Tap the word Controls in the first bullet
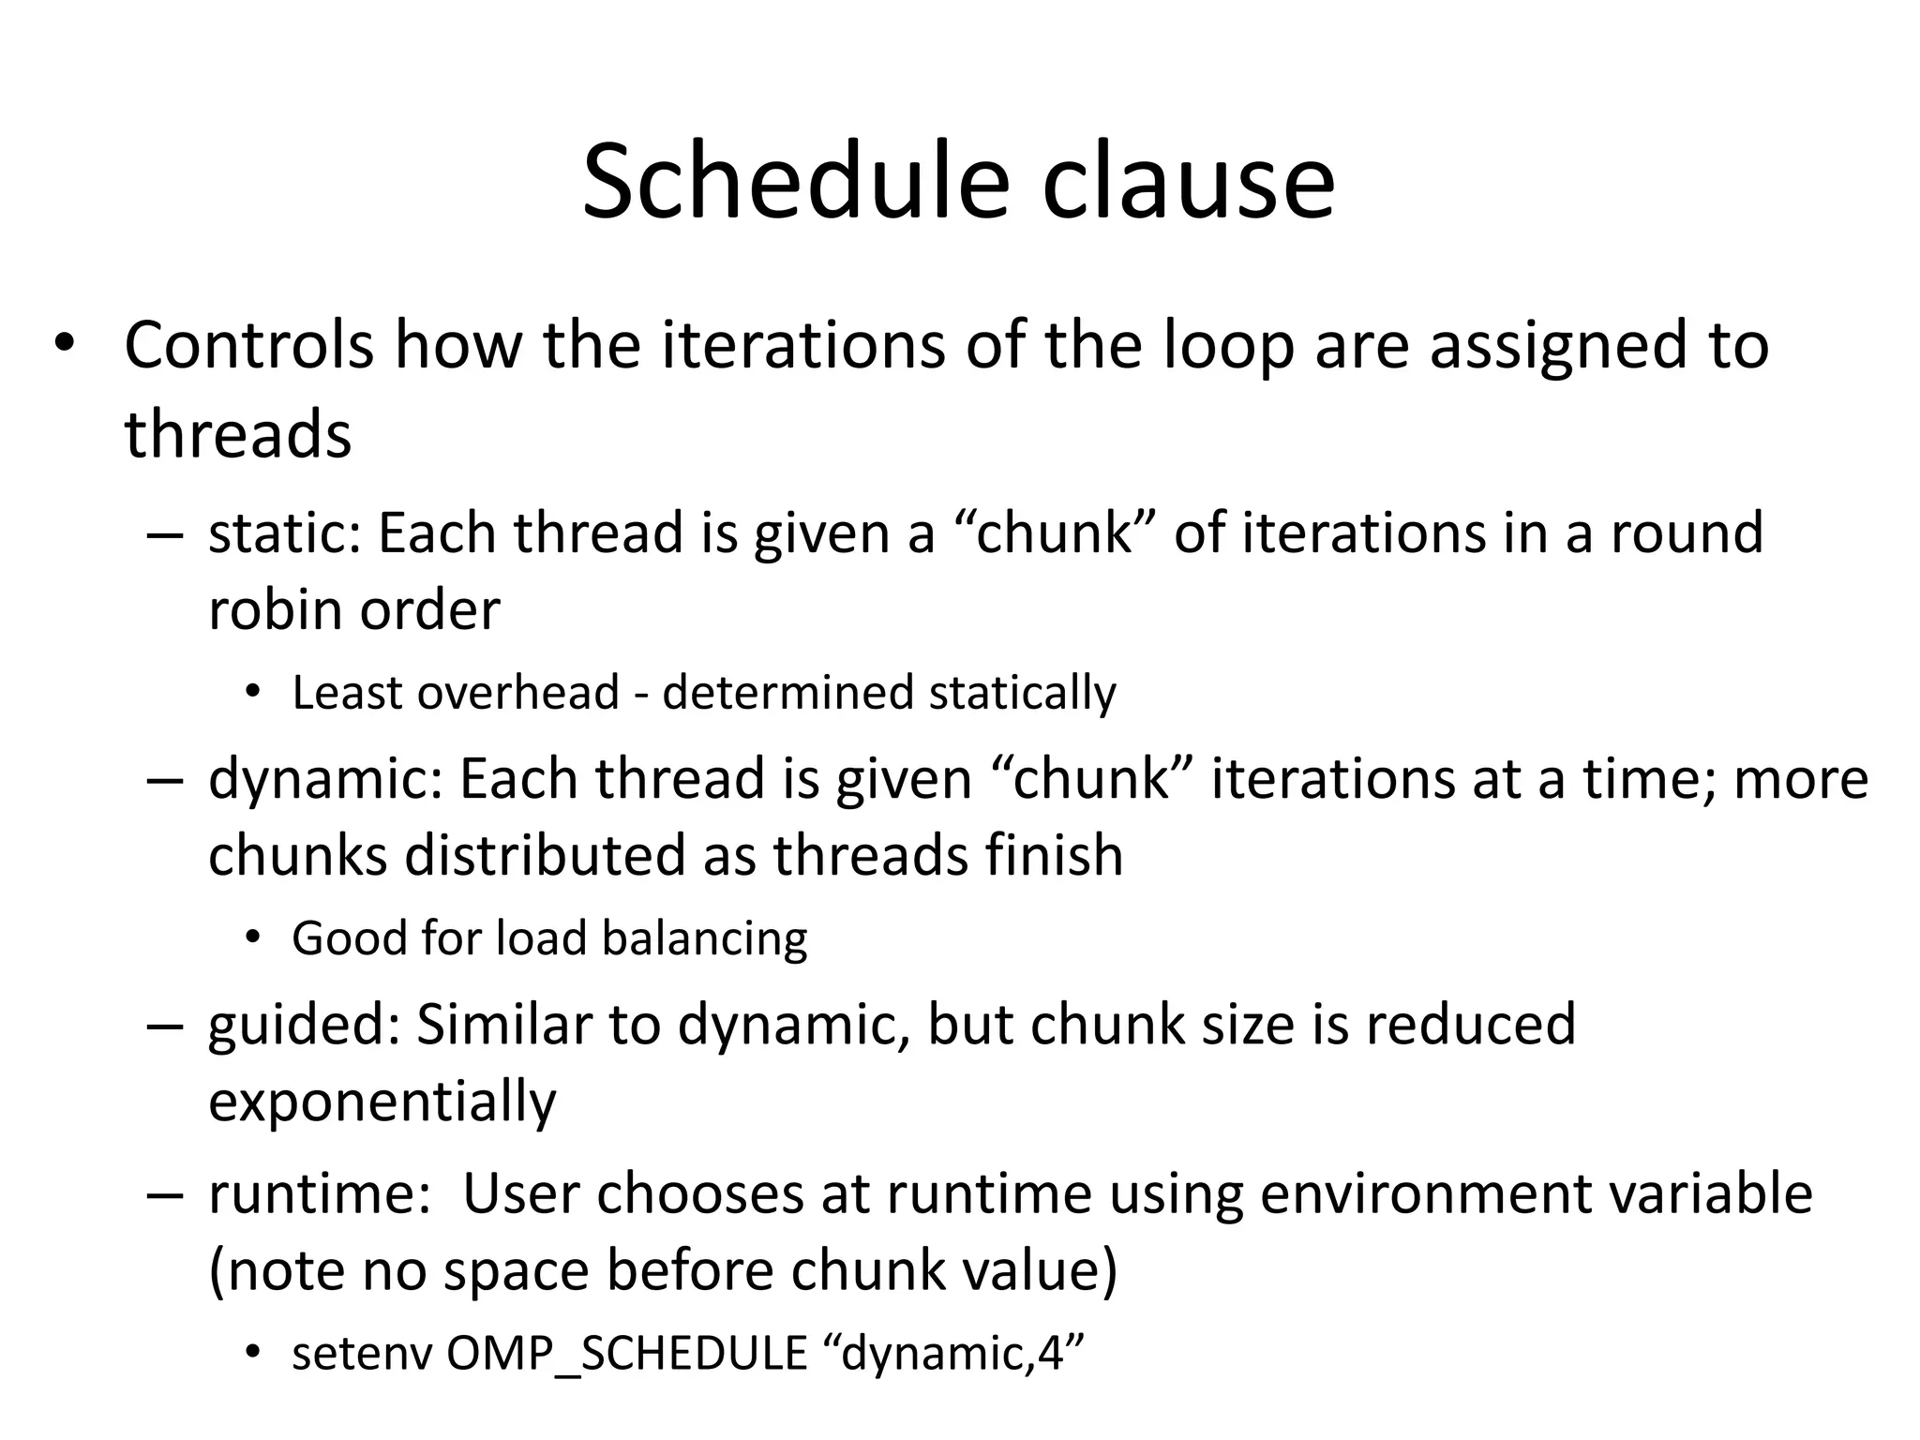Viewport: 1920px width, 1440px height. (248, 345)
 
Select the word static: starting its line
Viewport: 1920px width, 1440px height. (285, 532)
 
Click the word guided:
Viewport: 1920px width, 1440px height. (304, 1025)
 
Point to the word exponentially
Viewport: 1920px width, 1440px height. (382, 1102)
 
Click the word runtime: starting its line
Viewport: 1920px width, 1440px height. (319, 1194)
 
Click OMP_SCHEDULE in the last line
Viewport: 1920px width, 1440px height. (626, 1353)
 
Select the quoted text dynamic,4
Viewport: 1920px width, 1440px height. (952, 1353)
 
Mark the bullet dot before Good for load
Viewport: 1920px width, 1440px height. (251, 938)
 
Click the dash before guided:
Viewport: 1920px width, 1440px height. (163, 1025)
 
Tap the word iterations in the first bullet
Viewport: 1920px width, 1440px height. (803, 345)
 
